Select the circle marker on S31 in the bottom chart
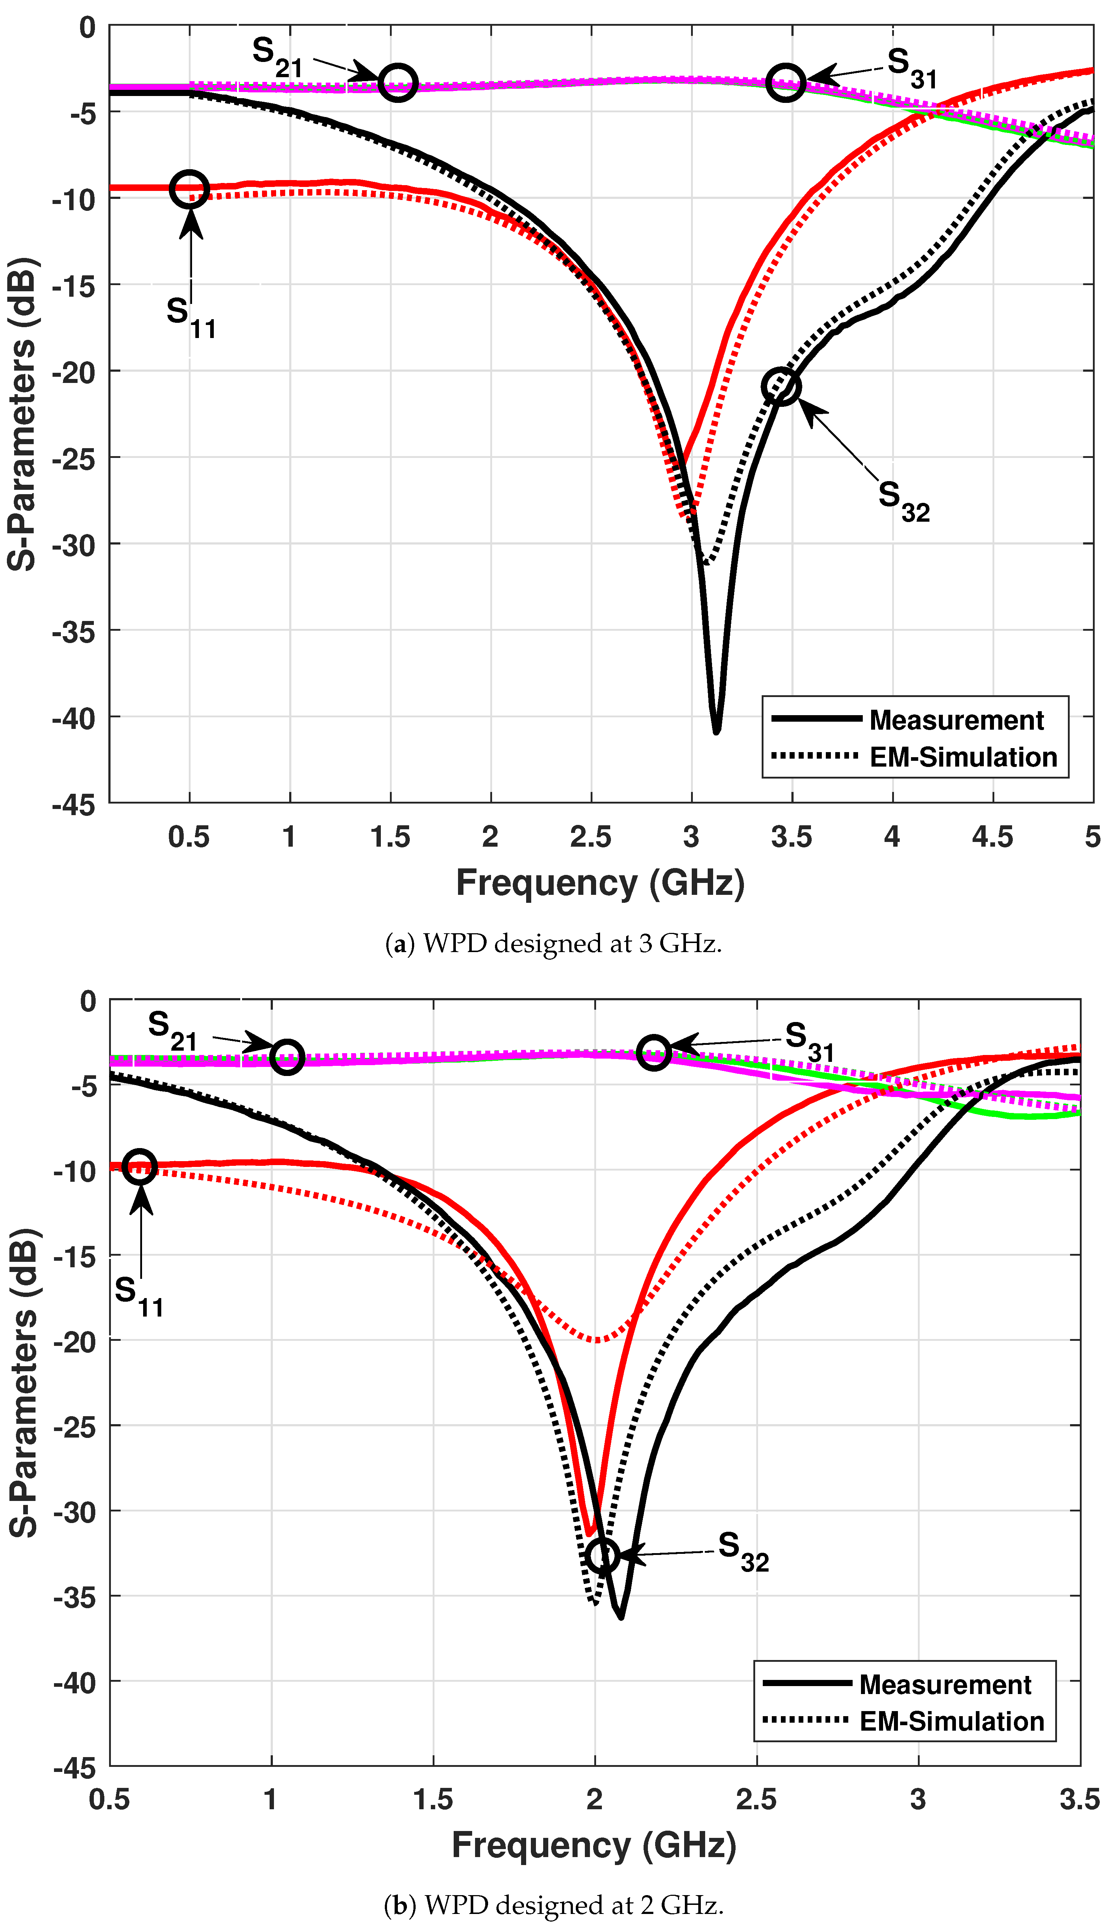pyautogui.click(x=654, y=1052)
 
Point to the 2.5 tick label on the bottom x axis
pyautogui.click(x=756, y=1799)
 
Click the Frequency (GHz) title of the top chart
pyautogui.click(x=600, y=883)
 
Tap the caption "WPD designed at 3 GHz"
pyautogui.click(x=553, y=944)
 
